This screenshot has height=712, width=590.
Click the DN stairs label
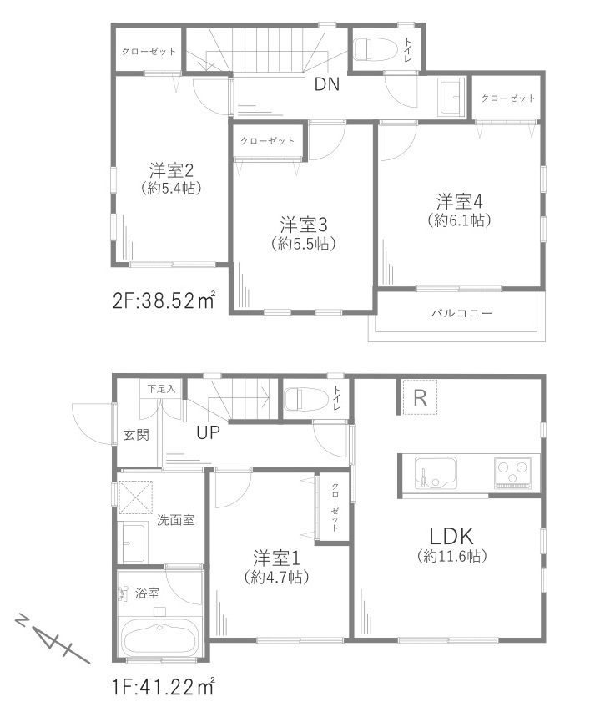pos(326,84)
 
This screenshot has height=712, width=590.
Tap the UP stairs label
pos(209,432)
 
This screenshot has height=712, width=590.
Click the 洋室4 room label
pos(458,201)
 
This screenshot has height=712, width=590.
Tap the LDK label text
pos(451,535)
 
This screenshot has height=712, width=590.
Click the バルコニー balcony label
pos(461,314)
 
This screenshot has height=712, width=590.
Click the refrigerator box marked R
pos(420,399)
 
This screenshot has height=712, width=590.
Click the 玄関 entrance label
pos(137,434)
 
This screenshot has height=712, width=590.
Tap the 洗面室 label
pos(176,520)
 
